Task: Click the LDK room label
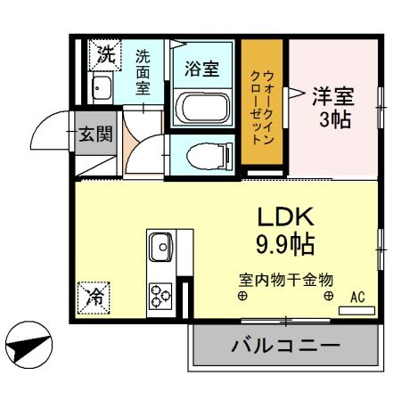(x=285, y=216)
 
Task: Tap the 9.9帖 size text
(x=285, y=241)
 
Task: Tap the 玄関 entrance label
(x=95, y=135)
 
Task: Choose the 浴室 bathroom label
(x=201, y=69)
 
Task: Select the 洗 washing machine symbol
(x=106, y=53)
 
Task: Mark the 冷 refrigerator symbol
(x=93, y=295)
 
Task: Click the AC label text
(x=357, y=298)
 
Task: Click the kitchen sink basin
(x=162, y=244)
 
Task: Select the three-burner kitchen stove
(x=161, y=292)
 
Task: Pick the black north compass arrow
(x=29, y=342)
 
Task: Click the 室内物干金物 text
(x=284, y=278)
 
